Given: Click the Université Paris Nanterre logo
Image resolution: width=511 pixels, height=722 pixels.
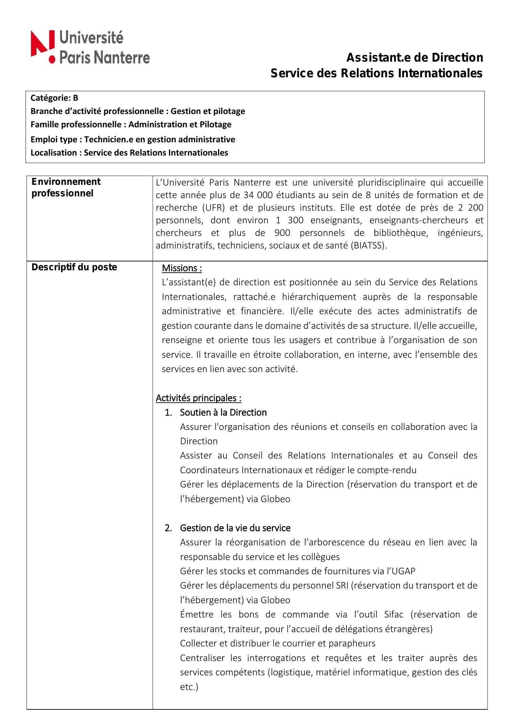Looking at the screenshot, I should (90, 47).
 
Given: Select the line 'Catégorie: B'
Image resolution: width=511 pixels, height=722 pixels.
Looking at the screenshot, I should (54, 98).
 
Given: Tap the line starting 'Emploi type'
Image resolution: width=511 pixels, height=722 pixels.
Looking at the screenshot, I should (133, 139).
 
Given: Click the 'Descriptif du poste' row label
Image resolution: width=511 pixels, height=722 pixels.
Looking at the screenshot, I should (74, 267).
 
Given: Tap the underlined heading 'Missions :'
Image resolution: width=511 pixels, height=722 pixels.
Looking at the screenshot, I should (182, 268).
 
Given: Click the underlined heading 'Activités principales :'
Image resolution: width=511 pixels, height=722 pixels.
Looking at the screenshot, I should (199, 398).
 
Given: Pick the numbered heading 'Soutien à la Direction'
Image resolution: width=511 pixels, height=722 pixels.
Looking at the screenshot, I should (223, 412).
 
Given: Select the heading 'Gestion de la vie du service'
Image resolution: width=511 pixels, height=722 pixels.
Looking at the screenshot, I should (235, 528).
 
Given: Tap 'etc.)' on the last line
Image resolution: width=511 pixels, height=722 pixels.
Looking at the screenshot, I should (189, 687).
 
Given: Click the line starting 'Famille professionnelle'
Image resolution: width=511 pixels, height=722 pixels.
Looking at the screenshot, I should (131, 125).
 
